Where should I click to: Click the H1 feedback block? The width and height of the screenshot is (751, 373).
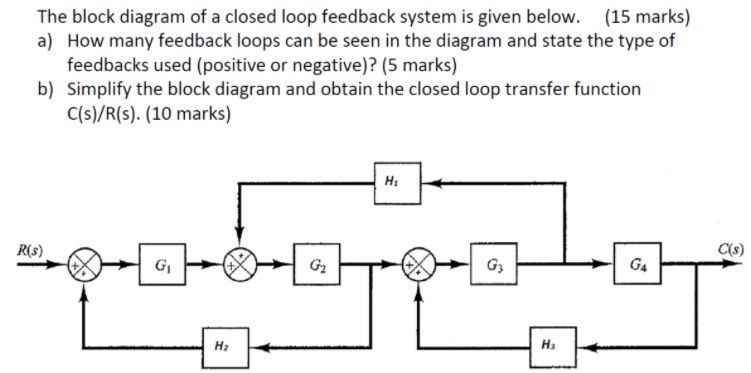click(390, 181)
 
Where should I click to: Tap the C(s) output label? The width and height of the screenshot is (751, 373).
click(727, 249)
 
